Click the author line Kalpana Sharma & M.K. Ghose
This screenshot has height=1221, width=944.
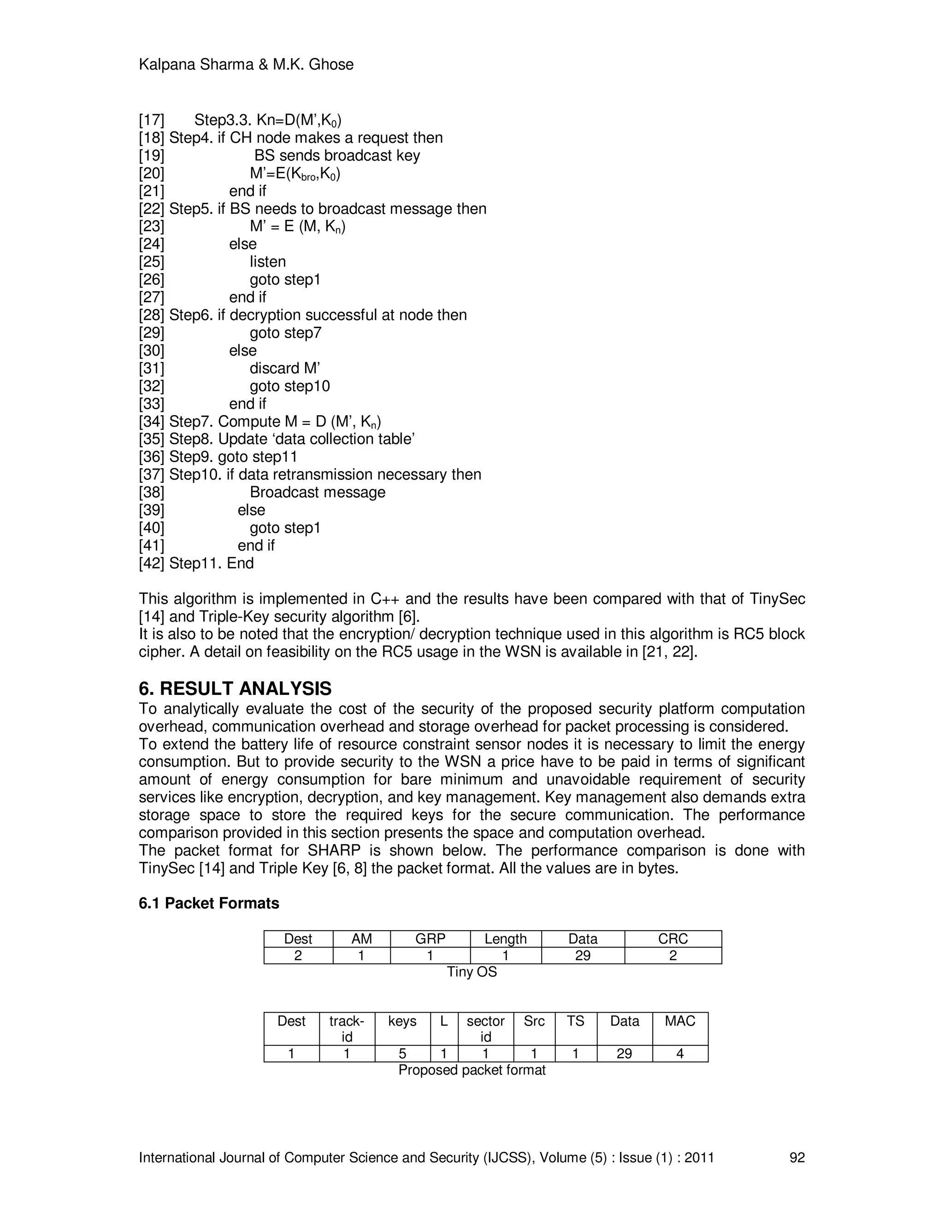click(x=246, y=65)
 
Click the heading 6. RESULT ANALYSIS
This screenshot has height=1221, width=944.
click(x=235, y=688)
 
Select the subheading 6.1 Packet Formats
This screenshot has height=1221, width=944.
click(x=209, y=904)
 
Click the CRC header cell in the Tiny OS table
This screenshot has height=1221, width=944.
click(x=673, y=939)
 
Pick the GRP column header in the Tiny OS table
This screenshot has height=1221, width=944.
click(x=430, y=939)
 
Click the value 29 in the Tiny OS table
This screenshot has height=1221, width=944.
click(x=583, y=956)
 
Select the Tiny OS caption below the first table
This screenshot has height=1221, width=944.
click(x=472, y=972)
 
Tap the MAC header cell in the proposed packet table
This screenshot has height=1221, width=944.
click(x=679, y=1021)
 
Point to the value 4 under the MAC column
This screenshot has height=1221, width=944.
click(x=679, y=1054)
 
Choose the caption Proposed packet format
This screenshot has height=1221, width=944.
click(x=472, y=1070)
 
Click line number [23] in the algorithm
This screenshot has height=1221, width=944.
click(x=152, y=226)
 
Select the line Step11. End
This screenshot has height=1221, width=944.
click(x=212, y=564)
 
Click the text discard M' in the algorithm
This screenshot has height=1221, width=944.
click(x=285, y=369)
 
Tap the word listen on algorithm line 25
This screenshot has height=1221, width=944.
click(x=267, y=262)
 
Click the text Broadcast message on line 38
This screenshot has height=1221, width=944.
click(x=317, y=493)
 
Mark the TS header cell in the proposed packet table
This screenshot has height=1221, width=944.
click(x=575, y=1021)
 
